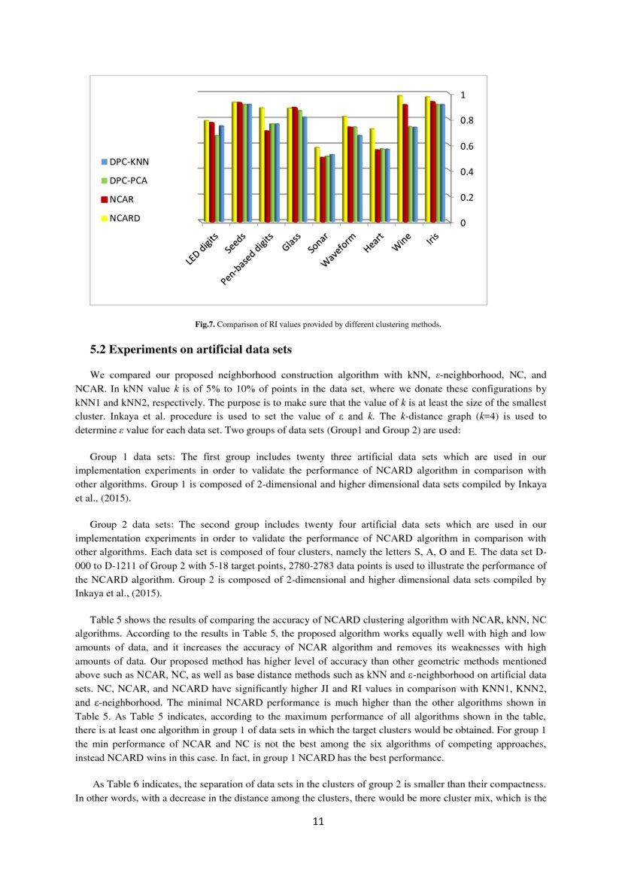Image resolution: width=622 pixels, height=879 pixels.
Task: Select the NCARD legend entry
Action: [x=124, y=219]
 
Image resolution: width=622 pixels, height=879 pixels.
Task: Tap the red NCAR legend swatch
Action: [x=105, y=200]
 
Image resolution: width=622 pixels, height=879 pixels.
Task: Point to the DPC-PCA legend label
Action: [x=129, y=180]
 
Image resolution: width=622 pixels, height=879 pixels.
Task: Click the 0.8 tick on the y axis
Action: [x=466, y=120]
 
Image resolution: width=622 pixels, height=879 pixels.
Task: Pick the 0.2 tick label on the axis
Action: [x=466, y=198]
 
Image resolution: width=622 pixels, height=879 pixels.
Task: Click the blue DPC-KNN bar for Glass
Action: [x=305, y=168]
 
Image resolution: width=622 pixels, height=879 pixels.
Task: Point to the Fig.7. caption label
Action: [x=205, y=325]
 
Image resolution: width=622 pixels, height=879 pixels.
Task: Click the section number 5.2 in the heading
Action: [x=99, y=350]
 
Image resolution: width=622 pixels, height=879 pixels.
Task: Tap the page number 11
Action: [x=317, y=821]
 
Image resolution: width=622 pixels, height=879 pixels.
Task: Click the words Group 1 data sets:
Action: [x=132, y=457]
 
